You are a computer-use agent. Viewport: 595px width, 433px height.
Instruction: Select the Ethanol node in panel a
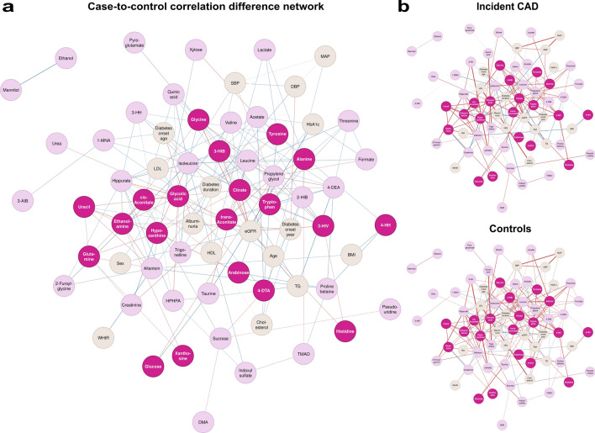pos(65,59)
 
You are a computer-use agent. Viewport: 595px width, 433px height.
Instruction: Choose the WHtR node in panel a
pos(104,337)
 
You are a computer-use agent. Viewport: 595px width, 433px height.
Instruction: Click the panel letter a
pos(7,8)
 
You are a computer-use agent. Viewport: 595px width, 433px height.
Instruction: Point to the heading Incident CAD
pos(500,8)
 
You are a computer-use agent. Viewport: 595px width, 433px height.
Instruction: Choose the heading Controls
pos(500,229)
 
